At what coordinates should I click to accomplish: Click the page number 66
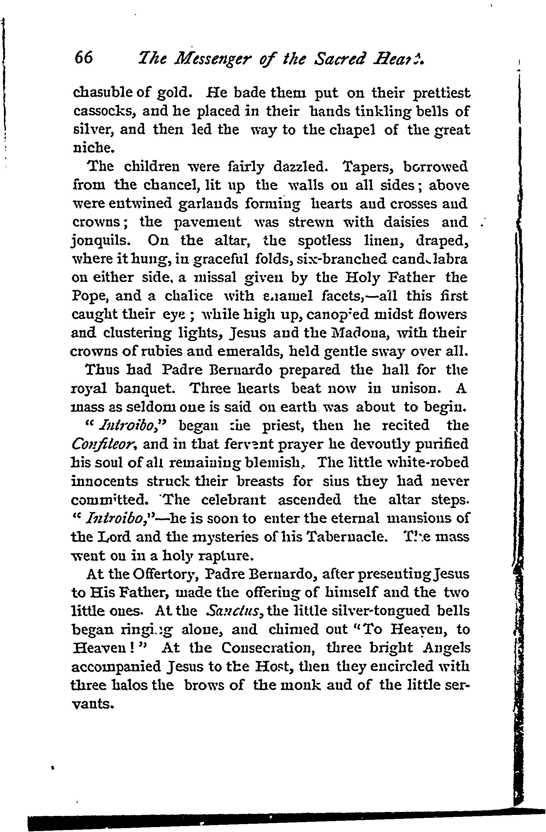coord(83,58)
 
